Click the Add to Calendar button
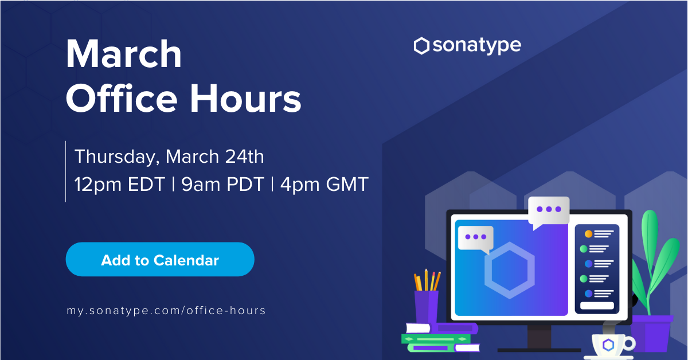point(160,259)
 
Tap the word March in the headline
point(123,53)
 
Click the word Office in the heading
point(122,98)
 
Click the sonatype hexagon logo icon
point(421,46)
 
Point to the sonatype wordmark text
point(477,46)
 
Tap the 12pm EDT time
point(119,185)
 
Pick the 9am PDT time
point(222,185)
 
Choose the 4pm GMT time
point(325,185)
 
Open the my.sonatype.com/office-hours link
point(166,311)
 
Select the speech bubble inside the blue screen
point(475,238)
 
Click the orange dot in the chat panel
point(588,234)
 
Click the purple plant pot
point(651,333)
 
